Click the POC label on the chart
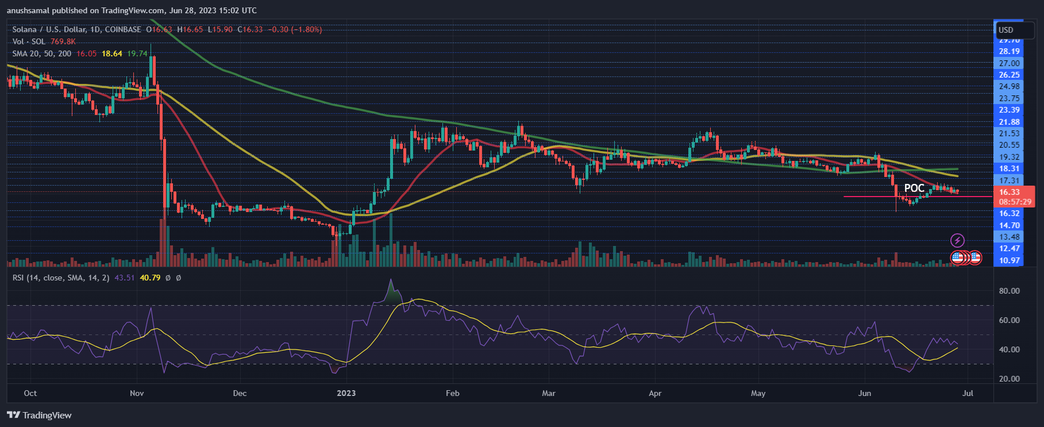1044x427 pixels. (914, 188)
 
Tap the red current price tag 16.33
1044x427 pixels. (1009, 192)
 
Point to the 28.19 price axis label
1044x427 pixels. (1009, 51)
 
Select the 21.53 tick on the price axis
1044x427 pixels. (1009, 133)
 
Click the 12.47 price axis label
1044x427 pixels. (1009, 248)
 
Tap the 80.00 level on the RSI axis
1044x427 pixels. (1009, 291)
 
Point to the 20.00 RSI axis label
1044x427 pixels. (1009, 379)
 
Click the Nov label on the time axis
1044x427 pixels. (137, 393)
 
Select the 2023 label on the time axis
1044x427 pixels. (346, 393)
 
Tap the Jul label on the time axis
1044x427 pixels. (968, 393)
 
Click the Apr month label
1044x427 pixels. (655, 393)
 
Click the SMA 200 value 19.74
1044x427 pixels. (137, 53)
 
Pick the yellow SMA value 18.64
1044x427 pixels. (112, 53)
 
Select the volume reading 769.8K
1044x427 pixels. (63, 41)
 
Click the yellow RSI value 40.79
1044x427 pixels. (150, 278)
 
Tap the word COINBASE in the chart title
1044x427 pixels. (123, 29)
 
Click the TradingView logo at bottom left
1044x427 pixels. (39, 415)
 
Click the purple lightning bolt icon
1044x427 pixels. (957, 240)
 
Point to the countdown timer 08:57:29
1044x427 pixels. (1015, 202)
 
